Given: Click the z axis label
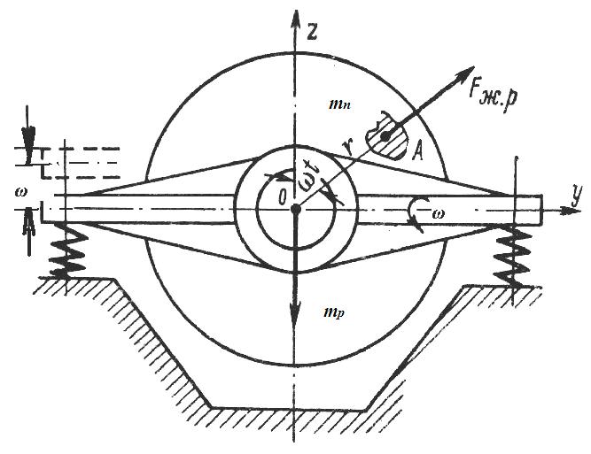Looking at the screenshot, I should [x=311, y=31].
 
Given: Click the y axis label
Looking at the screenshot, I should [x=576, y=196].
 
